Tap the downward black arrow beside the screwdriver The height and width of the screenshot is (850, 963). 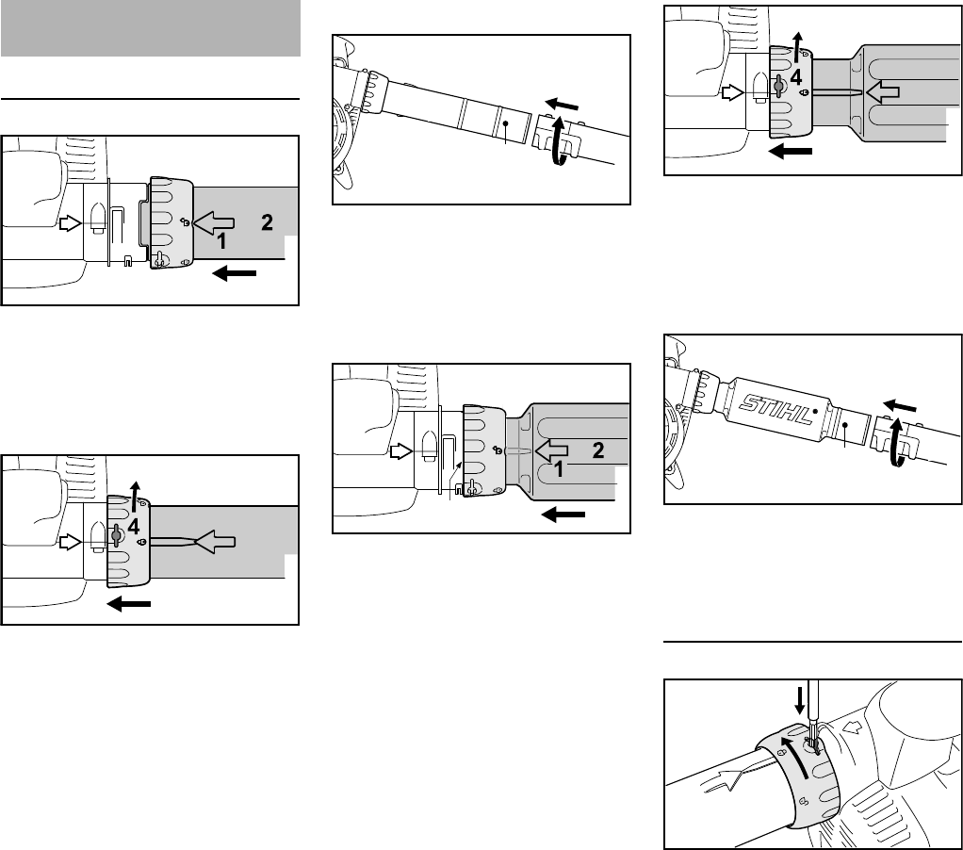click(799, 701)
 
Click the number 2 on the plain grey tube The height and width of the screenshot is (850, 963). click(267, 221)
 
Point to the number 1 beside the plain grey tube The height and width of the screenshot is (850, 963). click(221, 241)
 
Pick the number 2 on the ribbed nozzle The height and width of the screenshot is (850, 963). click(598, 450)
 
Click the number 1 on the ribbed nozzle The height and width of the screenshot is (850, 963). click(558, 470)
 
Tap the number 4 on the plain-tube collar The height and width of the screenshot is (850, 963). click(133, 527)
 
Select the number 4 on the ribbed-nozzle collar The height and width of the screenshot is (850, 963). click(796, 77)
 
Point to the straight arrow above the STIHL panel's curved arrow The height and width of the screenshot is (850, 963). click(900, 405)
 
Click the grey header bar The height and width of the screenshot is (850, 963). click(151, 28)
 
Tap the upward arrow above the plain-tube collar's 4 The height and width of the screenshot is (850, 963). click(135, 498)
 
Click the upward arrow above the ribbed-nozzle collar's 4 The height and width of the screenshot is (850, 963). click(796, 49)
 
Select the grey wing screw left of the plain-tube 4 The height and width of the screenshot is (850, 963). click(116, 535)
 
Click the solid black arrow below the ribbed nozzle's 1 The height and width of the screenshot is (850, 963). click(563, 514)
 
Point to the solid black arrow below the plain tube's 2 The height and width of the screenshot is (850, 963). click(234, 272)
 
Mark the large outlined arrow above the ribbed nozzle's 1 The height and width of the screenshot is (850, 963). click(551, 450)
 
